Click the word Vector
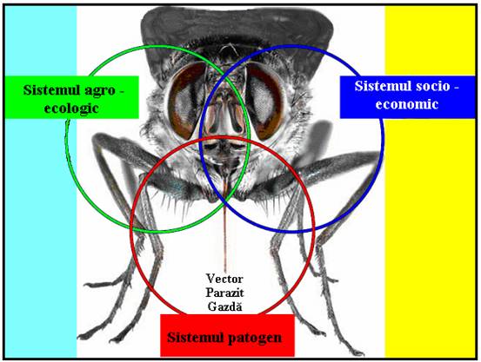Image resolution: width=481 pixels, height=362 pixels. click(224, 279)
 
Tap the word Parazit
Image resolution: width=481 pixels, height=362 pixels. click(224, 293)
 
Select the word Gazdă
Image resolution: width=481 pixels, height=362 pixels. click(224, 306)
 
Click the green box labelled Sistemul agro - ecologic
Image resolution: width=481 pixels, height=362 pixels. click(72, 97)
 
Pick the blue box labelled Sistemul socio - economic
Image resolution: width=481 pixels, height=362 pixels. click(407, 97)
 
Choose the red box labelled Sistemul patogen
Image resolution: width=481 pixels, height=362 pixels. click(227, 335)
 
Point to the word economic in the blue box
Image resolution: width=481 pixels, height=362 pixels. click(407, 104)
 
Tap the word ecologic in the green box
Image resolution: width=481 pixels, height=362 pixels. click(71, 109)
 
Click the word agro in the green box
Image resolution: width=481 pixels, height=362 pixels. click(99, 91)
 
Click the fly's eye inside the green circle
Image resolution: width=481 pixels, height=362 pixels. click(185, 100)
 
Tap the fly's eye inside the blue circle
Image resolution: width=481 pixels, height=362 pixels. click(264, 101)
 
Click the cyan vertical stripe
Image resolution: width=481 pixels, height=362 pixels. click(41, 181)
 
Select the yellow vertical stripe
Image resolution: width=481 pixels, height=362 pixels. click(430, 181)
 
